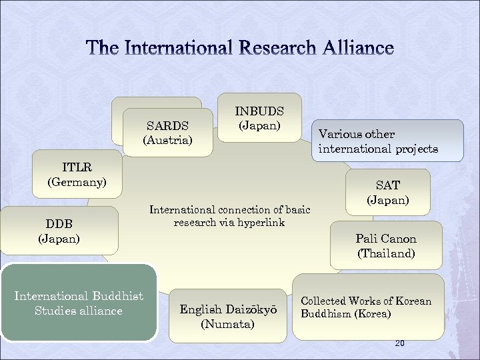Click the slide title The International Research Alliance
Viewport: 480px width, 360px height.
click(240, 48)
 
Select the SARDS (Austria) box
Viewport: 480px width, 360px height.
click(167, 133)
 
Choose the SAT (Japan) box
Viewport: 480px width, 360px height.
click(387, 193)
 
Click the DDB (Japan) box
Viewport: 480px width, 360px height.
click(59, 230)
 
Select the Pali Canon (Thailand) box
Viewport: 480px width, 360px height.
click(386, 245)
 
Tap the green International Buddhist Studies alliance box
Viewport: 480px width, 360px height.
click(79, 303)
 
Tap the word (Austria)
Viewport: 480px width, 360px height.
click(167, 140)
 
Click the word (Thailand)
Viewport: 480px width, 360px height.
click(386, 253)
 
